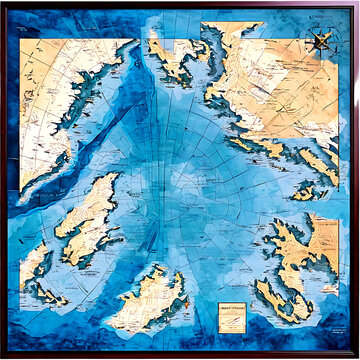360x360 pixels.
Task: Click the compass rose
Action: pyautogui.click(x=322, y=41)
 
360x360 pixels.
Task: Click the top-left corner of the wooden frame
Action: pyautogui.click(x=3, y=3)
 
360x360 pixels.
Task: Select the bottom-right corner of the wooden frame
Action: pyautogui.click(x=356, y=356)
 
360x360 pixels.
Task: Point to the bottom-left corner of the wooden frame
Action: pyautogui.click(x=3, y=356)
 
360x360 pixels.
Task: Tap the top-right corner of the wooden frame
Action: pyautogui.click(x=356, y=3)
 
